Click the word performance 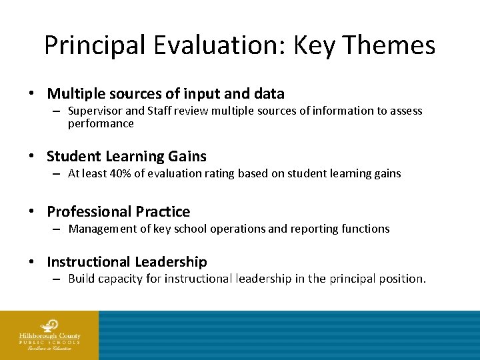pos(101,123)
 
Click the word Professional pos(89,212)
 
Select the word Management pos(103,229)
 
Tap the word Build pos(81,279)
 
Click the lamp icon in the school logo pos(49,326)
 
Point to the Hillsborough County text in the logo pos(49,335)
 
